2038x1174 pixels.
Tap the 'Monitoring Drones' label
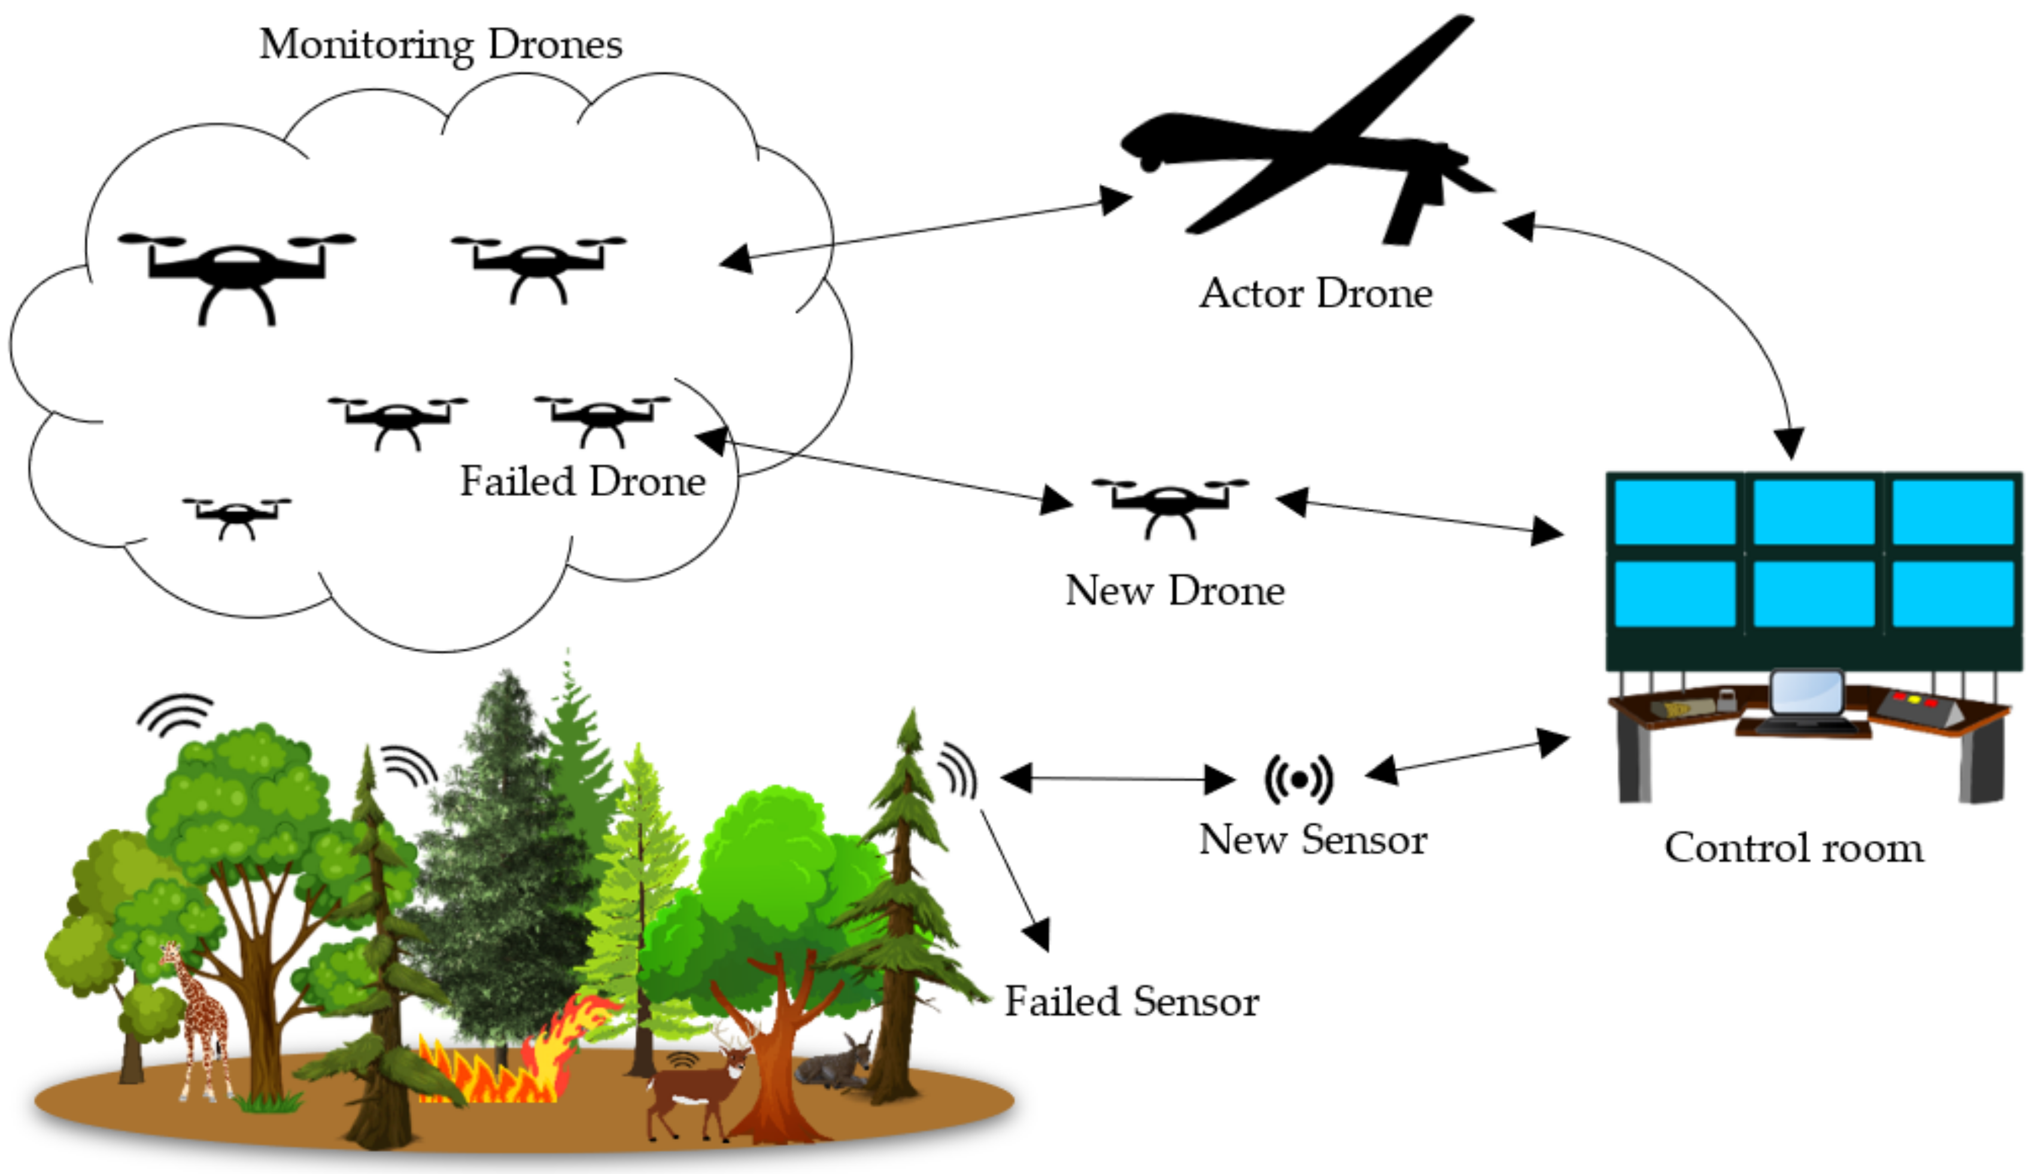441,44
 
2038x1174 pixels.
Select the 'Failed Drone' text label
582,481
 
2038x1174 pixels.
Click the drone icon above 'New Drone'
1170,506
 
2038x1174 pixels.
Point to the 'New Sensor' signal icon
1298,779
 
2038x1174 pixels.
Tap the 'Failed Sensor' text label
1131,1002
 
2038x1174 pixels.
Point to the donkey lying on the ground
835,1064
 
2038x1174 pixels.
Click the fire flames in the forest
516,1056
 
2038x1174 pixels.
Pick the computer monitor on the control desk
1806,695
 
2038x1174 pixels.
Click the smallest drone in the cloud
236,516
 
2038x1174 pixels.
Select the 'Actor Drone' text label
1316,293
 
